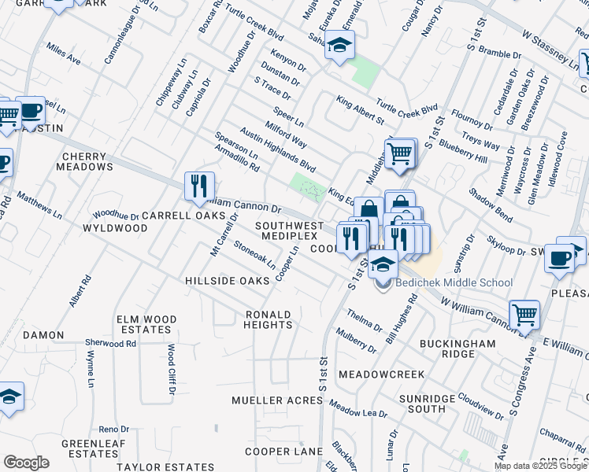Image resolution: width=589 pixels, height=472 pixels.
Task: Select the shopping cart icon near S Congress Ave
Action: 524,315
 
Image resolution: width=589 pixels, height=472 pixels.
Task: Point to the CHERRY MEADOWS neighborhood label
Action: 84,161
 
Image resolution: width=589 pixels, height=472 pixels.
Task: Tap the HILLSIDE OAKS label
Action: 227,281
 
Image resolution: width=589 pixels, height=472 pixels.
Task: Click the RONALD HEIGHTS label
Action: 268,319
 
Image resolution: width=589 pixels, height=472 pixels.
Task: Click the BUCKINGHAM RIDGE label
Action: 457,349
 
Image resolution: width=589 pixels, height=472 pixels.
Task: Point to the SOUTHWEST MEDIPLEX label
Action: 289,230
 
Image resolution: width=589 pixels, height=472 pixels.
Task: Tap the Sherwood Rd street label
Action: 111,344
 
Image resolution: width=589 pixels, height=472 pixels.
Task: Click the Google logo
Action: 26,463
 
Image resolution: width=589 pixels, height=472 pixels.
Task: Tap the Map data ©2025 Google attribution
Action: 540,466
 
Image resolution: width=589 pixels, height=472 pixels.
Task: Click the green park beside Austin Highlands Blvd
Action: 309,188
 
